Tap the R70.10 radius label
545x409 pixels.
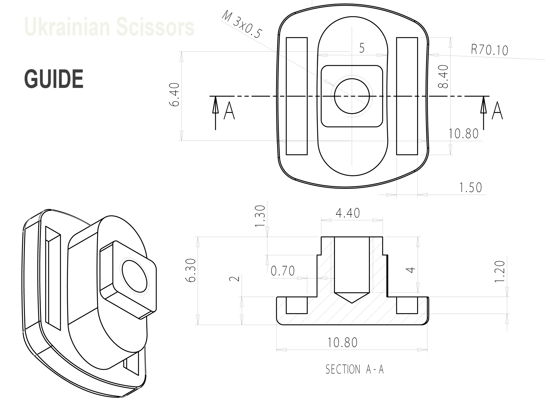point(489,50)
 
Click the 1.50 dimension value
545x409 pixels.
point(470,188)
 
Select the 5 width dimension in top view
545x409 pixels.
point(362,48)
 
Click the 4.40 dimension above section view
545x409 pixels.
point(348,213)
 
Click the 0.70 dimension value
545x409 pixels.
point(283,271)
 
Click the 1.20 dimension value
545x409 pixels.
point(500,271)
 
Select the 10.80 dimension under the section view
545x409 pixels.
point(342,342)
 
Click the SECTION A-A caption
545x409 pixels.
point(355,370)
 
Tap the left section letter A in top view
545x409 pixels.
point(229,111)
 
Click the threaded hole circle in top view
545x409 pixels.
point(352,96)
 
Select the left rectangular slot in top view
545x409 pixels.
point(297,96)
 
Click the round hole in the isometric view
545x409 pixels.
point(135,276)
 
